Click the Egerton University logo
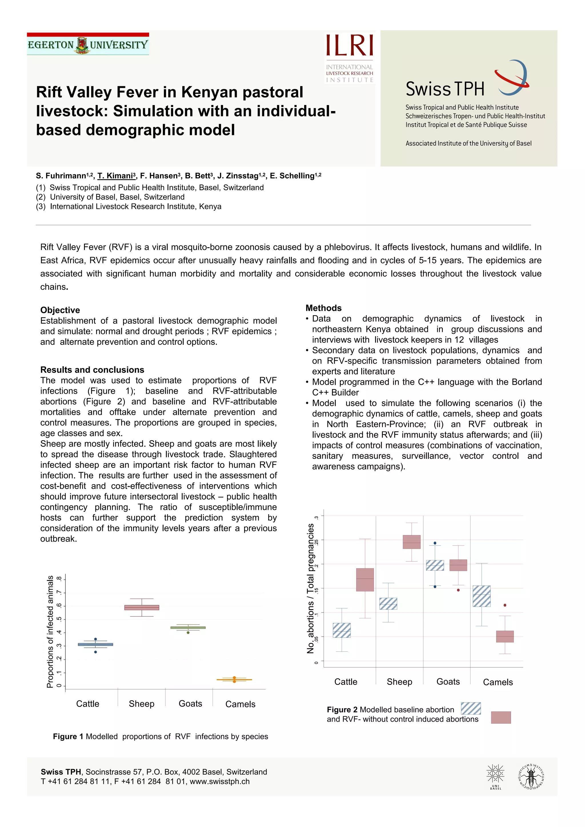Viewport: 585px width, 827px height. click(x=88, y=44)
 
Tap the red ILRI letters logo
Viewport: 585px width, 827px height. click(x=349, y=46)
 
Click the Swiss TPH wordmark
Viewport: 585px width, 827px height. click(x=445, y=89)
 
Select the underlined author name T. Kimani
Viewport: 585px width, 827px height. click(x=116, y=176)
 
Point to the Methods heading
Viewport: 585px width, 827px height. click(x=323, y=308)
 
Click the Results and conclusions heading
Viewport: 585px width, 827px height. click(x=92, y=370)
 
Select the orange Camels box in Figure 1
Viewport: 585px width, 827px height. click(x=234, y=680)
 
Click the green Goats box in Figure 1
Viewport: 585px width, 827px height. click(x=188, y=627)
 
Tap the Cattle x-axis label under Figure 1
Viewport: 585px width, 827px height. click(x=88, y=704)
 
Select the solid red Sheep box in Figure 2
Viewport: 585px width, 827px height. click(x=411, y=542)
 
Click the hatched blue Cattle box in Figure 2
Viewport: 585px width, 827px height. click(x=341, y=630)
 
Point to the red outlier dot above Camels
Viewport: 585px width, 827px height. click(x=505, y=605)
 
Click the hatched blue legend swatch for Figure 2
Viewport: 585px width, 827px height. click(x=471, y=708)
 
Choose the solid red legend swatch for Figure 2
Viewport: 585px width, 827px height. click(x=501, y=717)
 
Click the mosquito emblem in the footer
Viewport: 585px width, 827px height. click(x=530, y=777)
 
